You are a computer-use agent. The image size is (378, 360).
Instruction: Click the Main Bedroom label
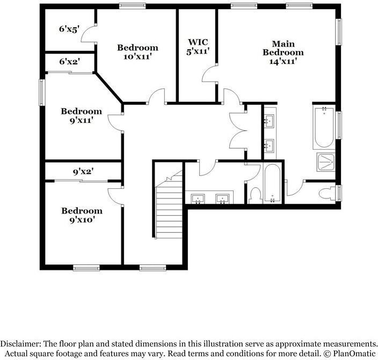pyautogui.click(x=283, y=48)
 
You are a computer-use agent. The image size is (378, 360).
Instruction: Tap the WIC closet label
pyautogui.click(x=194, y=42)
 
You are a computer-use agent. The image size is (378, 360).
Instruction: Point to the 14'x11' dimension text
pyautogui.click(x=283, y=61)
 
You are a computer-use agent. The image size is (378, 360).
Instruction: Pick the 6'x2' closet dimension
pyautogui.click(x=69, y=62)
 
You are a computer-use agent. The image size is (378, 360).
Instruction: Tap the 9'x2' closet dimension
pyautogui.click(x=83, y=172)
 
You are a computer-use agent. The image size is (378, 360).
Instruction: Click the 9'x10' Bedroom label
pyautogui.click(x=82, y=211)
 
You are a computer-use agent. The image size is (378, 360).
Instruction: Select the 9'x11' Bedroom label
pyautogui.click(x=81, y=112)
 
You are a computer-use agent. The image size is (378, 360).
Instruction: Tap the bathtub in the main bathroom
pyautogui.click(x=324, y=128)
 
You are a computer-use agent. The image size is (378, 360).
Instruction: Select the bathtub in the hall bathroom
pyautogui.click(x=272, y=184)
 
